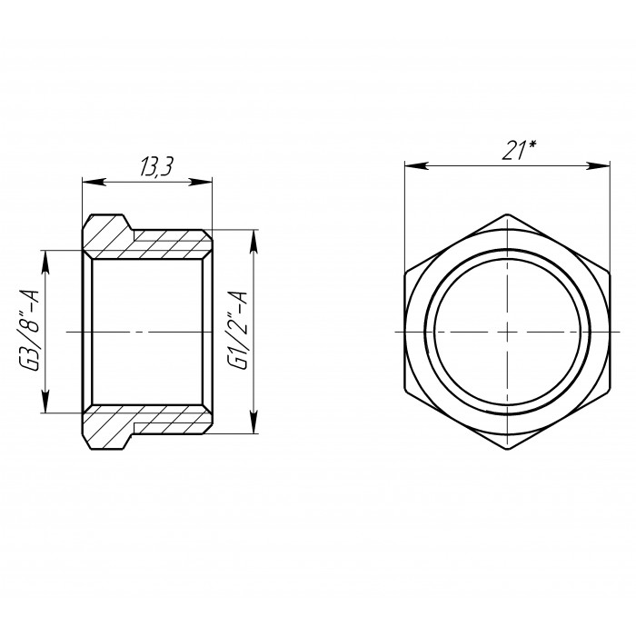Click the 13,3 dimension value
tap(156, 167)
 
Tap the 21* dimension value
tap(519, 151)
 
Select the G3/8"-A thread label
tap(30, 330)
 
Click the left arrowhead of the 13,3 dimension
tap(94, 182)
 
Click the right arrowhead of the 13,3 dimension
tap(201, 182)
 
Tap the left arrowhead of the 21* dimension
tap(416, 165)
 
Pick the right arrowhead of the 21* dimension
tap(598, 165)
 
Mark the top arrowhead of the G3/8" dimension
tap(45, 263)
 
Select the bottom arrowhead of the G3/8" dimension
tap(45, 401)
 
